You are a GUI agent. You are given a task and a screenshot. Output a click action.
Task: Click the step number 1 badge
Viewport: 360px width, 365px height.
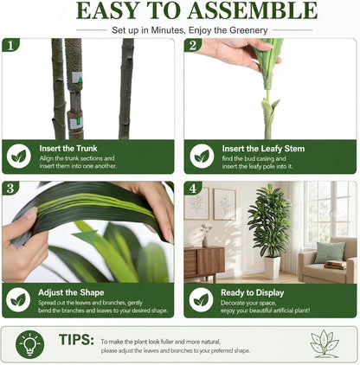tap(10, 45)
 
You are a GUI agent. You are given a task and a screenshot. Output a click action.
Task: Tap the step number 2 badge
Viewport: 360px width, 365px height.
tap(193, 45)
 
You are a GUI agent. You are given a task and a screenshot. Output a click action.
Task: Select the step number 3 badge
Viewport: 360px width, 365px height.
tap(10, 188)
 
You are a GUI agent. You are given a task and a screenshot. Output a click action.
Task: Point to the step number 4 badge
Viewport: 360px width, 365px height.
tap(193, 188)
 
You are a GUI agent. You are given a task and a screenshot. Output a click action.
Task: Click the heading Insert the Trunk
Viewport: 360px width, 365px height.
tap(68, 149)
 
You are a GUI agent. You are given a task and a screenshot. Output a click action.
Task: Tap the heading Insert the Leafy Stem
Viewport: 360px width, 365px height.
tap(263, 149)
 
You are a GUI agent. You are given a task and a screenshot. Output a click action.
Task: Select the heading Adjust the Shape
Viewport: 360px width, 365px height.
tap(71, 292)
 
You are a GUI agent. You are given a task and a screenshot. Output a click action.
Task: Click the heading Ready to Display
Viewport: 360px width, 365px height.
tap(253, 293)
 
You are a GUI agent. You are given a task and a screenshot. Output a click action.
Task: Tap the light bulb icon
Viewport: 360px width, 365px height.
tap(30, 344)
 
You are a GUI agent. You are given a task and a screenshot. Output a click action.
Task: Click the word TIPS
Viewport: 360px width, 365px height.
tap(76, 340)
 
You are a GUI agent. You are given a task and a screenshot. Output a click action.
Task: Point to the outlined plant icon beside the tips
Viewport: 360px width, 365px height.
tap(325, 344)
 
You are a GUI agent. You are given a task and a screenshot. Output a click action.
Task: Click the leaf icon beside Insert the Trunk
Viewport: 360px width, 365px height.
tap(19, 157)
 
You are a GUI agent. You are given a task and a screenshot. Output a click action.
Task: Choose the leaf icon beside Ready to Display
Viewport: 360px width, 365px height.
tap(202, 300)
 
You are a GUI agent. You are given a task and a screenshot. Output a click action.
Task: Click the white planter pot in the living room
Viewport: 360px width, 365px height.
tap(272, 267)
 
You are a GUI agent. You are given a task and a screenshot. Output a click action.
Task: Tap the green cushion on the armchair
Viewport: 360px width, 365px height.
tap(330, 253)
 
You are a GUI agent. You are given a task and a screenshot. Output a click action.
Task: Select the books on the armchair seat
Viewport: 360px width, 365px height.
tap(335, 265)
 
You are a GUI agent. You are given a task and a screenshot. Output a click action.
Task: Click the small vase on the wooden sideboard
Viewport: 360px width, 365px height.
tap(205, 241)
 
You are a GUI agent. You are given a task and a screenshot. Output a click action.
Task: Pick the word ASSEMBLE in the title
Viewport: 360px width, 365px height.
tap(253, 11)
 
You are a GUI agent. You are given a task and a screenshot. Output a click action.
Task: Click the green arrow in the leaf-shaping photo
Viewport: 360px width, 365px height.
tap(86, 236)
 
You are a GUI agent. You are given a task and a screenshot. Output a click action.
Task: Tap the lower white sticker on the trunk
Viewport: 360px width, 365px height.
tap(76, 123)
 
